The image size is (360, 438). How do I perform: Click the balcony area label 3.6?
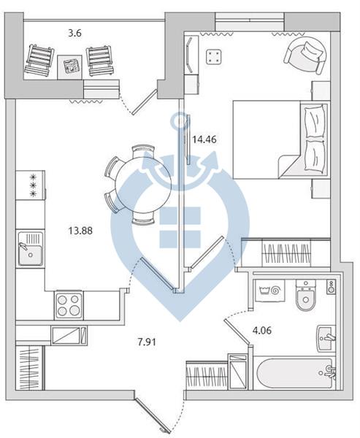75,34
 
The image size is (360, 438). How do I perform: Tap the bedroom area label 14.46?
204,139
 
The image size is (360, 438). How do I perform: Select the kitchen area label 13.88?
80,231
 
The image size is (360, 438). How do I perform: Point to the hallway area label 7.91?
147,342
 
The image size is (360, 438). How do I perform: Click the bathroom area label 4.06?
262,331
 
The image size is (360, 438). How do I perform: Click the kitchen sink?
31,249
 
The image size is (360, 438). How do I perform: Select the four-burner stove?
69,305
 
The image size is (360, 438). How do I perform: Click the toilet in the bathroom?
306,296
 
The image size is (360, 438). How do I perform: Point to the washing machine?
269,291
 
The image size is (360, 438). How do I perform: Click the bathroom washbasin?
326,339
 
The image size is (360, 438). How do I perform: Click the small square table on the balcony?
70,67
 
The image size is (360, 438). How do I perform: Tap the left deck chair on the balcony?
39,61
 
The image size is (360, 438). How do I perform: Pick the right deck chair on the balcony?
100,61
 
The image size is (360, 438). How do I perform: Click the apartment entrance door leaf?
153,415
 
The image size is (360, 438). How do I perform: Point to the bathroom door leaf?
237,333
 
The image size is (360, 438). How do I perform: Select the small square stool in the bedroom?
213,57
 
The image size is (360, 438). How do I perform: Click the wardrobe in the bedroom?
286,253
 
